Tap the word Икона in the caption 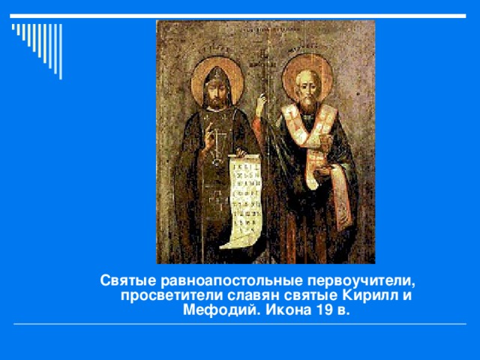point(286,310)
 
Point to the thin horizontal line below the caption point(240,325)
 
